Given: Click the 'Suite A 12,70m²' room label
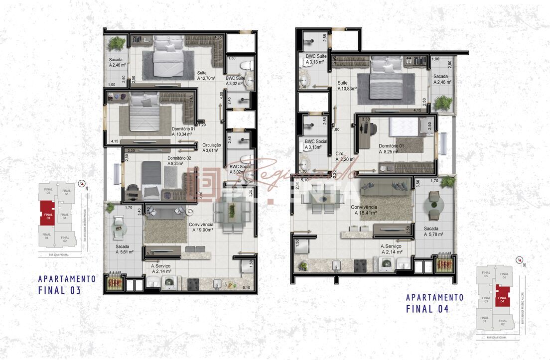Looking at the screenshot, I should coord(206,75).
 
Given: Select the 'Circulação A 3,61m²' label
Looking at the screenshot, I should coord(212,148).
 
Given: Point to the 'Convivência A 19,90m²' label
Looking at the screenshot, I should coord(201,228).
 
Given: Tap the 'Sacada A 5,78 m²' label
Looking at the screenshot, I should coord(433,231).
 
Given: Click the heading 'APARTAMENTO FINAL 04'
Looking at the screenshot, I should coord(434,303).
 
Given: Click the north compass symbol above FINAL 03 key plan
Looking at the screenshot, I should coord(81,183).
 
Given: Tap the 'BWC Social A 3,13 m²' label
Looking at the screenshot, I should coord(316,144).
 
